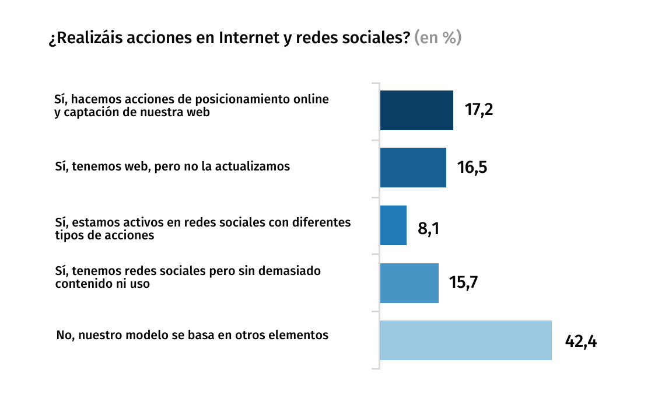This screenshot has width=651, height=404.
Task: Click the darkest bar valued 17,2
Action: pos(416,110)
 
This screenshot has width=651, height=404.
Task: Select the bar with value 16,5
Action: pos(413,168)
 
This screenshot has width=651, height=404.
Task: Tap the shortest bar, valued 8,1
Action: pos(393,225)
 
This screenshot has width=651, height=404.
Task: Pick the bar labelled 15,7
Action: pos(409,283)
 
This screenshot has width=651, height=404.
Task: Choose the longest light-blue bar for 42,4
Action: pos(466,340)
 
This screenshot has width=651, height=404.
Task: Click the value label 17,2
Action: pos(479,110)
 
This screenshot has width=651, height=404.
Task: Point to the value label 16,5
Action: pos(472,168)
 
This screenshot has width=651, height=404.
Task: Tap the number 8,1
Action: pos(428,228)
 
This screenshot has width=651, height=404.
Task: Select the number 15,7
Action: pos(464,283)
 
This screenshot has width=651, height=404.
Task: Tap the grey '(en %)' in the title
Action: pos(437,39)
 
